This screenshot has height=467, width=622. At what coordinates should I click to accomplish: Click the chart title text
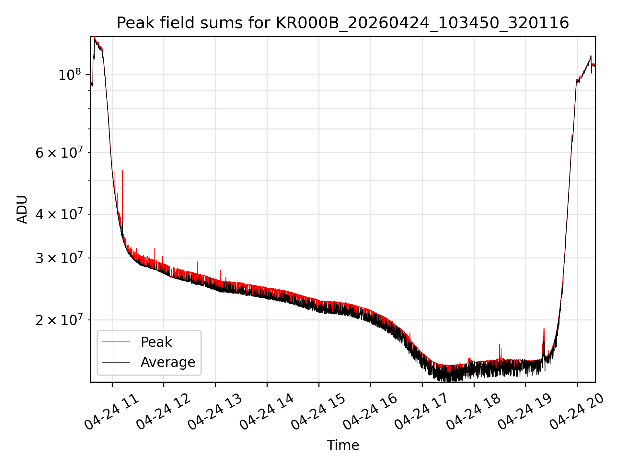pyautogui.click(x=343, y=23)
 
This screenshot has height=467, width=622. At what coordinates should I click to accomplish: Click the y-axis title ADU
pyautogui.click(x=22, y=210)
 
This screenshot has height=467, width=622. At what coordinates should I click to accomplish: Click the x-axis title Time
pyautogui.click(x=343, y=445)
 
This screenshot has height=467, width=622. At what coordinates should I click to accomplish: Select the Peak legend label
pyautogui.click(x=156, y=342)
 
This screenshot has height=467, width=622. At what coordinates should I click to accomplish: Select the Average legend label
pyautogui.click(x=168, y=362)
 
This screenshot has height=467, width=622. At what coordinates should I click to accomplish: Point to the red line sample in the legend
pyautogui.click(x=116, y=342)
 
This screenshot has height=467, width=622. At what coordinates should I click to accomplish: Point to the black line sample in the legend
pyautogui.click(x=116, y=362)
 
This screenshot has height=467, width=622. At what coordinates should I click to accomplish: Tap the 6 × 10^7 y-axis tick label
pyautogui.click(x=58, y=152)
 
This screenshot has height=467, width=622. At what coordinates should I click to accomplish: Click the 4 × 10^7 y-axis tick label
pyautogui.click(x=58, y=214)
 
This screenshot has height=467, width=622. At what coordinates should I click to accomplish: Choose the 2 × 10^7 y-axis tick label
pyautogui.click(x=58, y=320)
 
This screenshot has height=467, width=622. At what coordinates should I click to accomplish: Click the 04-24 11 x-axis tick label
pyautogui.click(x=112, y=412)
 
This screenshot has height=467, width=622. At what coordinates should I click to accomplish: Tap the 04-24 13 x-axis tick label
pyautogui.click(x=215, y=412)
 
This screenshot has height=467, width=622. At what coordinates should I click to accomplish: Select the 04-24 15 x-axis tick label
pyautogui.click(x=318, y=412)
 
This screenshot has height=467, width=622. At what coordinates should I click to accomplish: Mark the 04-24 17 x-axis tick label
pyautogui.click(x=422, y=412)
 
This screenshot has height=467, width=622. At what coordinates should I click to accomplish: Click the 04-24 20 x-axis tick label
pyautogui.click(x=577, y=412)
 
